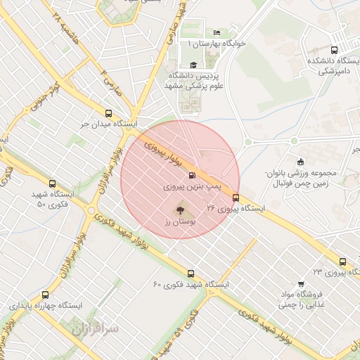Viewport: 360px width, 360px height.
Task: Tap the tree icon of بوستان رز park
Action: point(179,209)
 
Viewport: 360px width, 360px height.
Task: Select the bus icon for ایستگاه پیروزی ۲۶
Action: point(236,198)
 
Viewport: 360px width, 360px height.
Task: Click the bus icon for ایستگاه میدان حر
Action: point(108,112)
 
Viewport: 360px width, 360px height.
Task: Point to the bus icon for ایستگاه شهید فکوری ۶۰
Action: point(191,274)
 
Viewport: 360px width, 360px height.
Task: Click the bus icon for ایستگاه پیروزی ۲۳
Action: point(342,259)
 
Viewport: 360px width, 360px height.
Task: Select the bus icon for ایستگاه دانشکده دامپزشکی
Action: point(333,50)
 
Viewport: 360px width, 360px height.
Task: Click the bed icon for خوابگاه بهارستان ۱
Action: point(217,33)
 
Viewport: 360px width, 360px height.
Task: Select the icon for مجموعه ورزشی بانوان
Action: point(301,162)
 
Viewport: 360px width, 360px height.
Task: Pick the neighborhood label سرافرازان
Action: point(95,328)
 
